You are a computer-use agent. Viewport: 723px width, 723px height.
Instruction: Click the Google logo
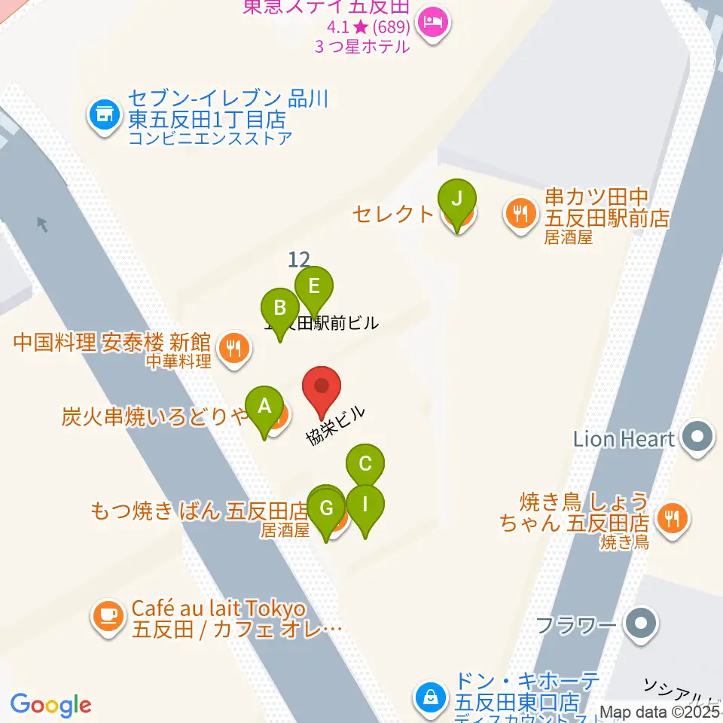tap(50, 705)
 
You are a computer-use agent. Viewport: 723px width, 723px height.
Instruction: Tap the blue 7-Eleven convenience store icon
tap(103, 116)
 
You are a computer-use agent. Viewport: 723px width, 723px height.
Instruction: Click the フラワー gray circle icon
tap(642, 624)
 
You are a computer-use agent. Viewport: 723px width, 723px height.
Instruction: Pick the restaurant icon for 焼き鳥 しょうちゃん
tap(670, 517)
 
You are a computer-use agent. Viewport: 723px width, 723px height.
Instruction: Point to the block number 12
tap(299, 260)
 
